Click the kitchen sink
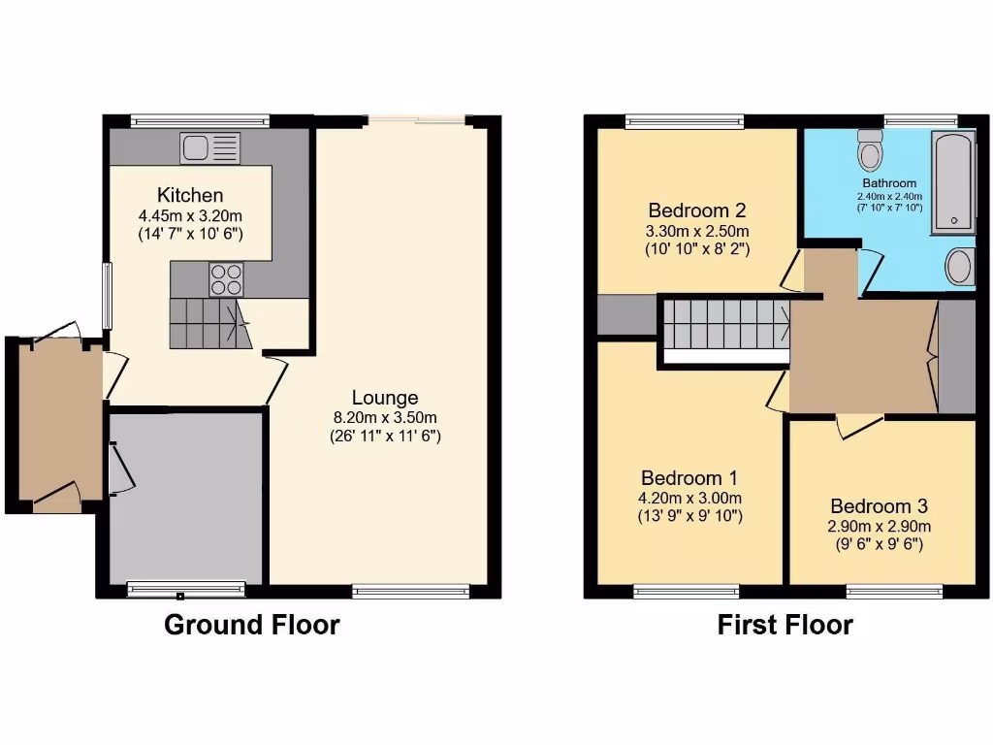point(209,148)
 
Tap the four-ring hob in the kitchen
point(226,279)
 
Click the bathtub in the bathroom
point(952,181)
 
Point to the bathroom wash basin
point(959,266)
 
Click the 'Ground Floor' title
point(252,625)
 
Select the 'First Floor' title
point(785,625)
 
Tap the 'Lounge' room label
point(385,398)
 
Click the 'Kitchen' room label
point(190,196)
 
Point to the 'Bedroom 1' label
point(689,478)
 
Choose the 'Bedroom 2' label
point(696,211)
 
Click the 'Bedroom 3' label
point(879,506)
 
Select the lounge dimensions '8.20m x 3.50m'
point(385,418)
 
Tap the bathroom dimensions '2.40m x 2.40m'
point(889,195)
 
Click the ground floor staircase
point(207,323)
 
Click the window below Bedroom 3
point(894,591)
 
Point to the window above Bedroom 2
point(685,121)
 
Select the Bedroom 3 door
point(859,422)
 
